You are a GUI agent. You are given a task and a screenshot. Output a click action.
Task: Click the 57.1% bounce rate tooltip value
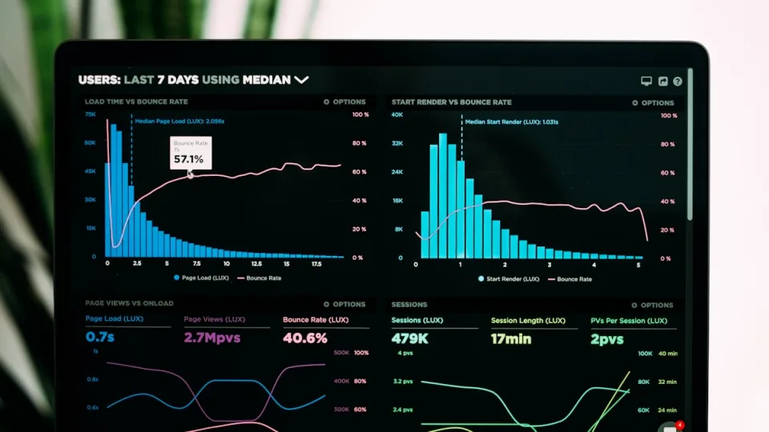pyautogui.click(x=188, y=159)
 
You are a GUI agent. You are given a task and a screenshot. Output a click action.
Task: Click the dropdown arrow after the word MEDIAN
pyautogui.click(x=301, y=80)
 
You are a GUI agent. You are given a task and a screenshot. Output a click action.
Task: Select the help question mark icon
pyautogui.click(x=678, y=81)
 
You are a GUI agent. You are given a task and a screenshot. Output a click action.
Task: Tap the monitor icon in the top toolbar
pyautogui.click(x=646, y=81)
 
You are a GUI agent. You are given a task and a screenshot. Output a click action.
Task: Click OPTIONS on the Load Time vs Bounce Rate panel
pyautogui.click(x=344, y=102)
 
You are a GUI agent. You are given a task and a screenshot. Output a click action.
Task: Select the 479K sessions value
pyautogui.click(x=409, y=338)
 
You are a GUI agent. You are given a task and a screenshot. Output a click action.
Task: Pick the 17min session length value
pyautogui.click(x=511, y=338)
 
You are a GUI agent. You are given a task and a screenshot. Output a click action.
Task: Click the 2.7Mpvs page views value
pyautogui.click(x=212, y=338)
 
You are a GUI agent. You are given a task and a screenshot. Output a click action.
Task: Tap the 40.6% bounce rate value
pyautogui.click(x=305, y=338)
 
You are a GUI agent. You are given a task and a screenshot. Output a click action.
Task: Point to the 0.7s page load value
pyautogui.click(x=100, y=338)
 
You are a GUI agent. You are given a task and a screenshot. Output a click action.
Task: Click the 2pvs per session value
pyautogui.click(x=607, y=338)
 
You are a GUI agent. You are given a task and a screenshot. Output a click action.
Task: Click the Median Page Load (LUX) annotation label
pyautogui.click(x=179, y=122)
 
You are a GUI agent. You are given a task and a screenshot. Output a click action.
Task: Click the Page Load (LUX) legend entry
pyautogui.click(x=201, y=278)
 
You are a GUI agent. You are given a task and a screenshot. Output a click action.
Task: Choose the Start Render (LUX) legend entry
pyautogui.click(x=509, y=278)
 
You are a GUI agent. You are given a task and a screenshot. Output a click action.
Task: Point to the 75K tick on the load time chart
pyautogui.click(x=91, y=114)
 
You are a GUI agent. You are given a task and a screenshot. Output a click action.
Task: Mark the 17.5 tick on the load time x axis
pyautogui.click(x=316, y=263)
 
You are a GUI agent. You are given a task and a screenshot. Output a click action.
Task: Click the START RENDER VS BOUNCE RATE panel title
pyautogui.click(x=451, y=102)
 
